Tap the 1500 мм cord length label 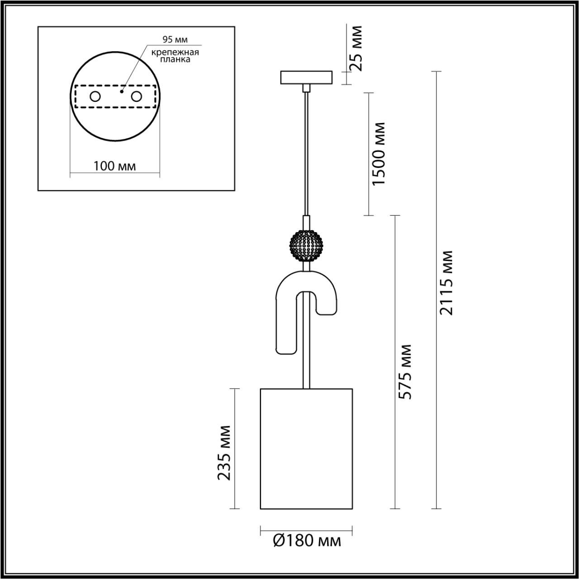pos(378,153)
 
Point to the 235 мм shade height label pos(225,453)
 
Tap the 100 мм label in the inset pos(114,166)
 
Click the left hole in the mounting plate pos(95,96)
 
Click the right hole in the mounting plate pos(136,96)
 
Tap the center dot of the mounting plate pos(121,91)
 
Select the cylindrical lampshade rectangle pos(306,448)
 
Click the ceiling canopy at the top pos(306,77)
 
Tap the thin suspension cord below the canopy pos(307,154)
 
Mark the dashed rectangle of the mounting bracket pos(115,107)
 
